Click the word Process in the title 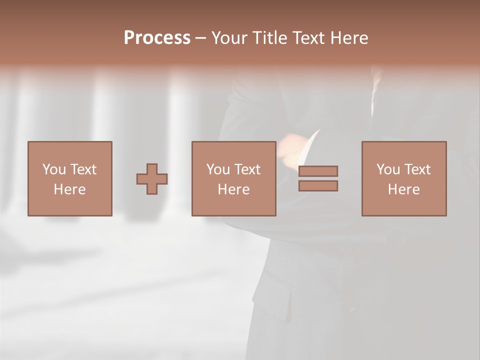[157, 38]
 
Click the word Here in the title [350, 38]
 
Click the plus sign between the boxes [152, 178]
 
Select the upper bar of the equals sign [318, 171]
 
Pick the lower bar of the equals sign [318, 185]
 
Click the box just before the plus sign [70, 178]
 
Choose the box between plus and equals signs [233, 178]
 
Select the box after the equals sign [403, 178]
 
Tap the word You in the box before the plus [54, 169]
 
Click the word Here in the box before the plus [70, 189]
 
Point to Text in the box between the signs [247, 169]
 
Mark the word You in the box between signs [218, 169]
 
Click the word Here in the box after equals [403, 189]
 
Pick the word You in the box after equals [388, 169]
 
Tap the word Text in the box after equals [417, 169]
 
